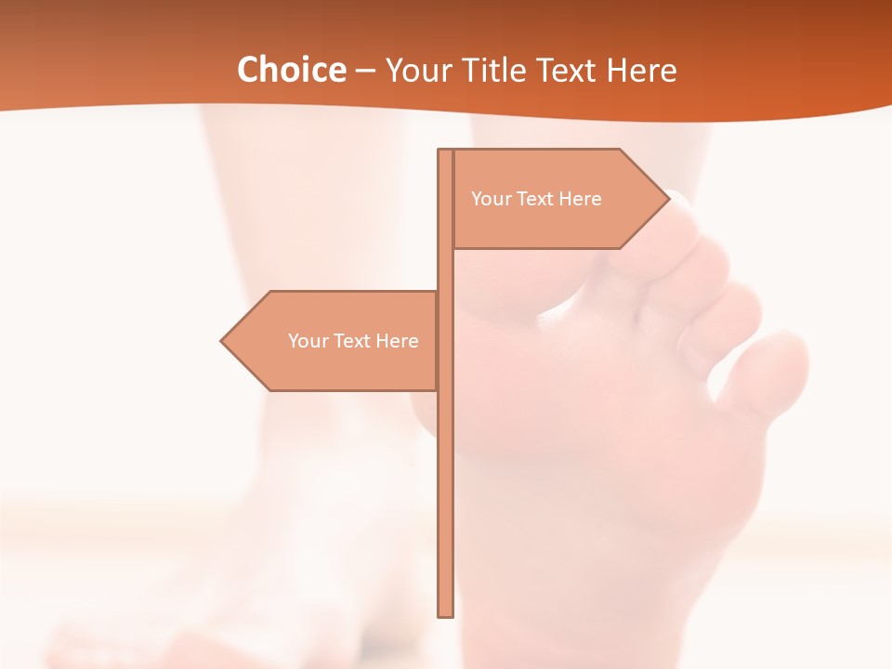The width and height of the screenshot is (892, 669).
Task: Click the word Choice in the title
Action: coord(291,70)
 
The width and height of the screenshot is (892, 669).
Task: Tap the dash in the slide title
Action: coord(365,71)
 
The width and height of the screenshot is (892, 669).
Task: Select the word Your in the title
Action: coord(416,71)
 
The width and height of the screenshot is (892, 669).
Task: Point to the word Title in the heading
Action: coord(493,70)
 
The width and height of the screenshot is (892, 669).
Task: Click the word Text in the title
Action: coord(568,70)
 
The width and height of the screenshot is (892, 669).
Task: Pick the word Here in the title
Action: coord(642,70)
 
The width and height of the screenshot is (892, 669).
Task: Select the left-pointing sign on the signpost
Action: coord(334,341)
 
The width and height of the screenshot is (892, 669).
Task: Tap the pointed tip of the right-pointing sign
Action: coord(667,198)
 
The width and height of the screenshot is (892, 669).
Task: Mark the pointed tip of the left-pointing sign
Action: coord(223,341)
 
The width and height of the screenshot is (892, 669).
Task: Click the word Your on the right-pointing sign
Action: coord(490,199)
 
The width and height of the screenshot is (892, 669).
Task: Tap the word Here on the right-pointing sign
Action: coord(580,199)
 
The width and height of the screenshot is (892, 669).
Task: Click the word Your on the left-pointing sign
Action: coord(307,341)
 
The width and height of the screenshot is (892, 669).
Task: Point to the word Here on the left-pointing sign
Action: coord(397,341)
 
